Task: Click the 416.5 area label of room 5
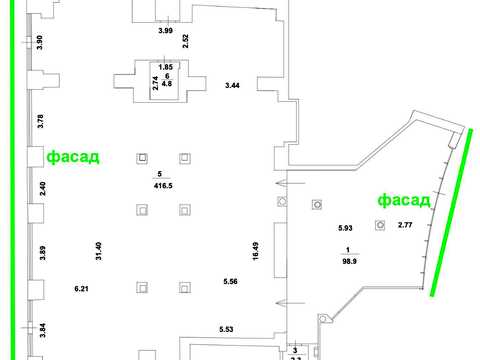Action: click(x=163, y=186)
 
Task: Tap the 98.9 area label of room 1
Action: click(x=349, y=261)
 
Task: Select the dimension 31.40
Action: click(x=99, y=251)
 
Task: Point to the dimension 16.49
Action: click(x=256, y=251)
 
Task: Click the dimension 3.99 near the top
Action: click(x=165, y=31)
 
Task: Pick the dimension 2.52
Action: click(x=186, y=41)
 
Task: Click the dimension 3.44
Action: click(x=232, y=85)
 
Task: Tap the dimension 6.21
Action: click(x=81, y=289)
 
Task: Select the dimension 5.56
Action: click(x=230, y=282)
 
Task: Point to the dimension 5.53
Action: click(x=226, y=329)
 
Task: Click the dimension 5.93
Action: click(x=345, y=228)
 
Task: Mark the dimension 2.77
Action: click(x=405, y=225)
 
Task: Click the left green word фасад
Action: click(x=73, y=156)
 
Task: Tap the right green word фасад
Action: click(x=404, y=200)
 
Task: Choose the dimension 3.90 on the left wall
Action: click(x=40, y=42)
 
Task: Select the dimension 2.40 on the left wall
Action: click(x=42, y=189)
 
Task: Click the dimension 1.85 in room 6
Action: click(x=166, y=67)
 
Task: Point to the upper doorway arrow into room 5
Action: click(x=290, y=183)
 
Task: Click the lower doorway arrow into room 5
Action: click(x=290, y=303)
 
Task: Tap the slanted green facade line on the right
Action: click(x=451, y=212)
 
